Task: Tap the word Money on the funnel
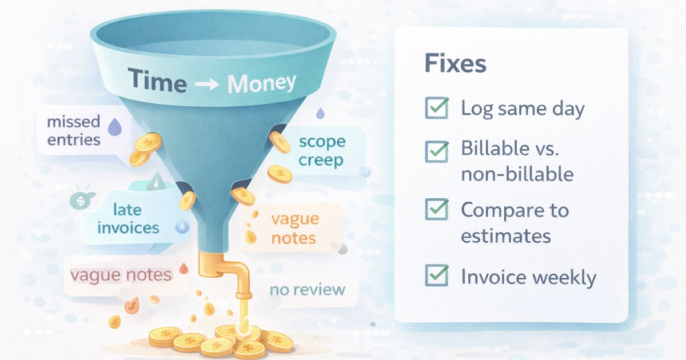(262, 83)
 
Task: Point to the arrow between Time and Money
(206, 83)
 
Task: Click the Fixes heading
(455, 63)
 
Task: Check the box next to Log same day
(437, 108)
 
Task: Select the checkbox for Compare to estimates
(437, 210)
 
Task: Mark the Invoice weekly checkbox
(437, 277)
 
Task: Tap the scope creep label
(322, 151)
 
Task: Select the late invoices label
(128, 219)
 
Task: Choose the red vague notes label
(121, 275)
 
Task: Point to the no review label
(308, 290)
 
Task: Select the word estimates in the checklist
(505, 236)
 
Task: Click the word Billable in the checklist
(494, 149)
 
